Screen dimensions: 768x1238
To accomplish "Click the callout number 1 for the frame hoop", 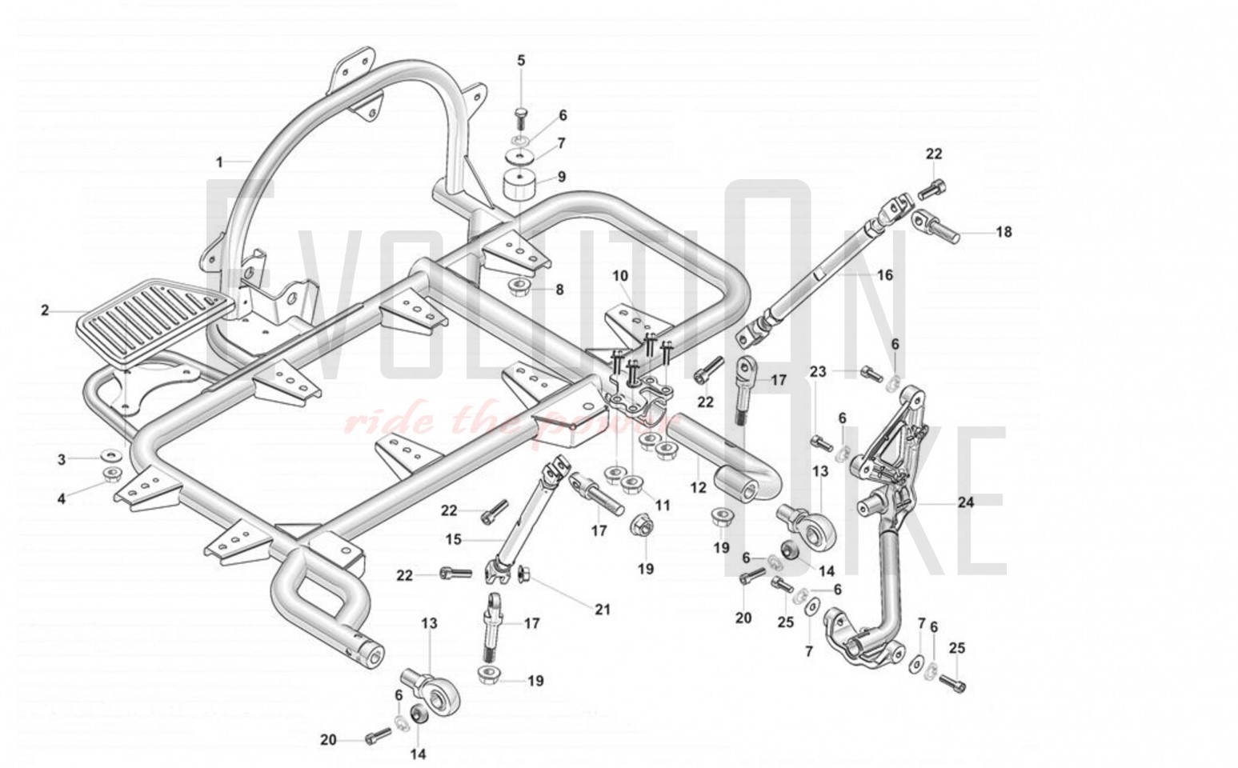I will [220, 162].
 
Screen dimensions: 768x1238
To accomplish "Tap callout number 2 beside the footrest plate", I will [45, 310].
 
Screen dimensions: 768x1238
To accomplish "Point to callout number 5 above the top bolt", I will [521, 61].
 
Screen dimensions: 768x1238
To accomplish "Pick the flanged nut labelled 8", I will [521, 287].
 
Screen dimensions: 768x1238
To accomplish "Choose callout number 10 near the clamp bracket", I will [620, 276].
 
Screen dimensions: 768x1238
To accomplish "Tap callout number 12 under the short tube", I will [698, 486].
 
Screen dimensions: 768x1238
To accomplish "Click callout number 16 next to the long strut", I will [884, 275].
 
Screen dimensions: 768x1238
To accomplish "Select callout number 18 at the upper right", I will [1004, 232].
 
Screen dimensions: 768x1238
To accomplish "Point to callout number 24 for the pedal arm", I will [966, 503].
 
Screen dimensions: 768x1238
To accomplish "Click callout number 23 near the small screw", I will [817, 372].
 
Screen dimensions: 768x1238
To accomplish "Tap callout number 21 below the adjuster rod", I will [603, 610].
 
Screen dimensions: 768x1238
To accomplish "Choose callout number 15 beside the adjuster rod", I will [453, 540].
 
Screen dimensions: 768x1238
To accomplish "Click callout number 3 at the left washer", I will [62, 459].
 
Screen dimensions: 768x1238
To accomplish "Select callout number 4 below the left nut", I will [62, 499].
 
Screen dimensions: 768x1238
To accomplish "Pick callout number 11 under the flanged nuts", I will [662, 506].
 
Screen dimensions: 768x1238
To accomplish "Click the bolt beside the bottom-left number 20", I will [375, 737].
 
